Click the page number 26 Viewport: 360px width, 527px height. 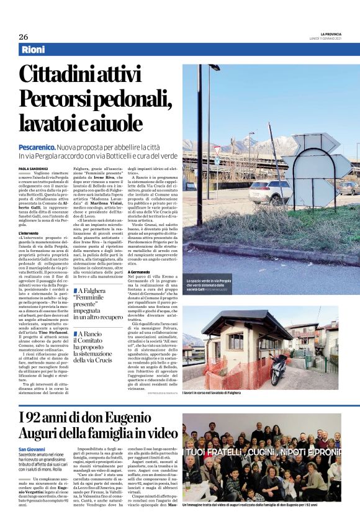pyautogui.click(x=23, y=37)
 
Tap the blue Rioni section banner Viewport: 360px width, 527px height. pyautogui.click(x=37, y=50)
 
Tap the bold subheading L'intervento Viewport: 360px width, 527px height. pyautogui.click(x=29, y=233)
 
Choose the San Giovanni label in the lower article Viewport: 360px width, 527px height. pyautogui.click(x=32, y=449)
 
